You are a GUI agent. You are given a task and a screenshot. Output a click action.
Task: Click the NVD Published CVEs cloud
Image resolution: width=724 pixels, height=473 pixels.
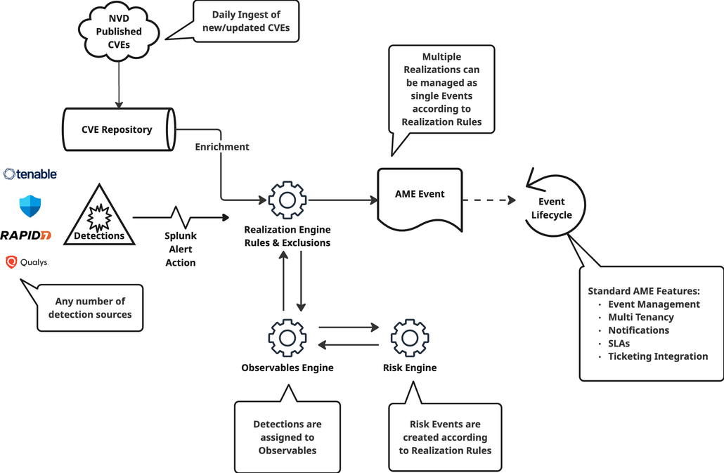tap(119, 31)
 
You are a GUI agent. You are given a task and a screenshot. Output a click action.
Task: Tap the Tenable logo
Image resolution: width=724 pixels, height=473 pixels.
tap(30, 174)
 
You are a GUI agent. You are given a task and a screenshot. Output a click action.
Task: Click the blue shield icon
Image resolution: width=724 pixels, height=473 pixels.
tap(30, 206)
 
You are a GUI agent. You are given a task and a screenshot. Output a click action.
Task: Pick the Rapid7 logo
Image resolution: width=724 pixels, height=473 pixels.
tap(26, 235)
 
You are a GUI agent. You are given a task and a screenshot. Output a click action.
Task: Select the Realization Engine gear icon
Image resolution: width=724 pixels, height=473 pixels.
tap(287, 200)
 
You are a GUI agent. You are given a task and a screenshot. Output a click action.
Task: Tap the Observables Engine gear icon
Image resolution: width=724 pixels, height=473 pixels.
tap(287, 337)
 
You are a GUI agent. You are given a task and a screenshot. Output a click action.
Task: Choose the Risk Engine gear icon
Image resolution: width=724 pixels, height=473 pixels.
tap(409, 337)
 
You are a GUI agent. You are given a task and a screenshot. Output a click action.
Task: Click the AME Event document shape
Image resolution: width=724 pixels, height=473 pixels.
tap(420, 199)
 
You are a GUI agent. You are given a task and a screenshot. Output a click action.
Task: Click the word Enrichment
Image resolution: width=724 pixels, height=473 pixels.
tap(222, 147)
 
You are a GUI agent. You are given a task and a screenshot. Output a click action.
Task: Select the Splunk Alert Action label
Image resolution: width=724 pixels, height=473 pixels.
tap(180, 249)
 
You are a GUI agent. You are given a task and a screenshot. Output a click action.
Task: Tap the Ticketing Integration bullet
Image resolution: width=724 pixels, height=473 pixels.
tap(658, 356)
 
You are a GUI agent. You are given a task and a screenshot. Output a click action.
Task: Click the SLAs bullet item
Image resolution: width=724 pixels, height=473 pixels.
tap(619, 343)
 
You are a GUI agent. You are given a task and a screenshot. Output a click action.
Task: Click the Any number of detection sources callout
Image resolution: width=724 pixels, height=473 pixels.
tap(90, 308)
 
